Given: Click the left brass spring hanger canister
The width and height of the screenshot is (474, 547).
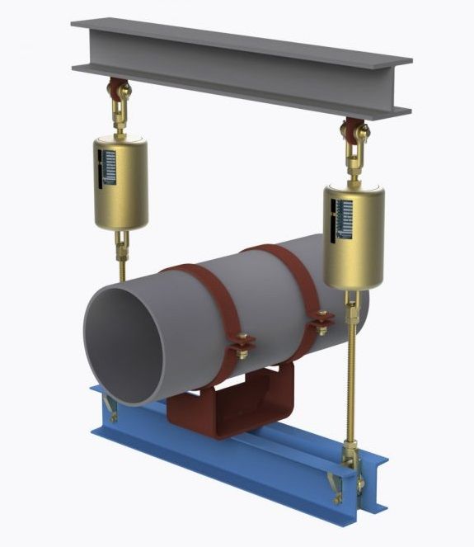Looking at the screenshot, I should [121, 183].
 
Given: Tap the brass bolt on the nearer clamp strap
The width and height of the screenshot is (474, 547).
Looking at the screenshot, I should [240, 344].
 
